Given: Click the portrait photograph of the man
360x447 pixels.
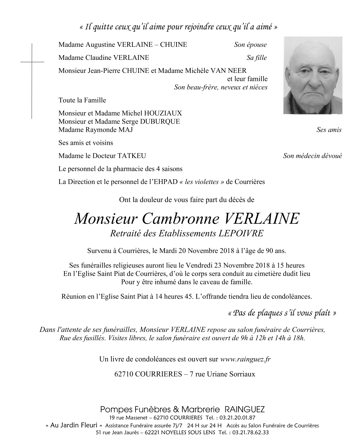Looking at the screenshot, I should point(313,75).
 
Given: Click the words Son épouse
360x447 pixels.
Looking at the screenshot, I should point(250,45).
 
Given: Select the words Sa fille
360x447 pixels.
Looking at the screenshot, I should point(257,58).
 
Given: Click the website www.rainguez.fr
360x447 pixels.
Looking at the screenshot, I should point(245,359).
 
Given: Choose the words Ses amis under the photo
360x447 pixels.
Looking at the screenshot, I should point(329,130).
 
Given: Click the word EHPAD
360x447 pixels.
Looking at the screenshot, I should point(167,182).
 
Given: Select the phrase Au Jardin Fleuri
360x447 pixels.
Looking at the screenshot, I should point(74,425).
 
